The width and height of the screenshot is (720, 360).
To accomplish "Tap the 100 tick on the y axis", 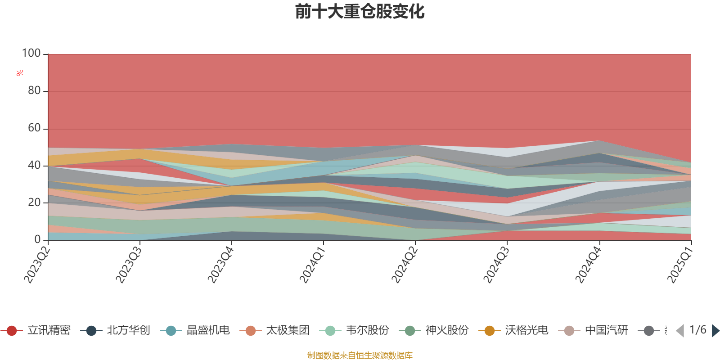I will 31,54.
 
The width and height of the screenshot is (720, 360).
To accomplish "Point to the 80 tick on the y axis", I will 34,91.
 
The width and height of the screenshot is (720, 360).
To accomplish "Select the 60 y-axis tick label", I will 34,128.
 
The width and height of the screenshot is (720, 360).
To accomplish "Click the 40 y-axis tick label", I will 34,166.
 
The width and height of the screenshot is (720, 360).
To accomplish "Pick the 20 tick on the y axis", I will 34,203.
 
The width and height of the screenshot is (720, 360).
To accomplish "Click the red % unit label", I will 20,73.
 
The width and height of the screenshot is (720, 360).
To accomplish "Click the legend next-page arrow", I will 715,331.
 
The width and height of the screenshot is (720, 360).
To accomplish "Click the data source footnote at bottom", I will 360,355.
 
